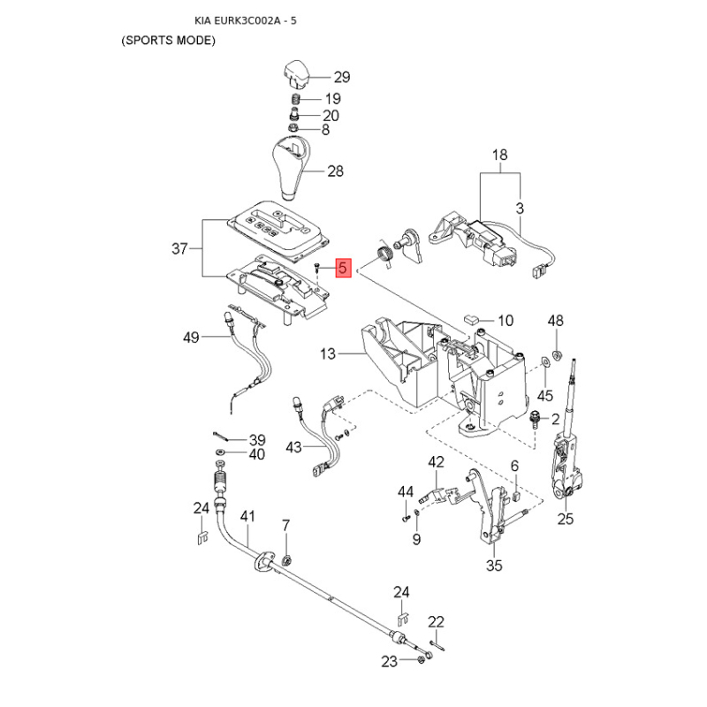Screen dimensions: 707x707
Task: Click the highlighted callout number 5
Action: tap(344, 269)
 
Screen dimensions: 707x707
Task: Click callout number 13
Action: tap(329, 354)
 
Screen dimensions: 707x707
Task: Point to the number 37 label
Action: tap(180, 249)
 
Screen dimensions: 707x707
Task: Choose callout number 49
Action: tap(192, 337)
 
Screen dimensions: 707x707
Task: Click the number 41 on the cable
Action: tap(247, 516)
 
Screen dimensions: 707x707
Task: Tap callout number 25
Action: tap(566, 520)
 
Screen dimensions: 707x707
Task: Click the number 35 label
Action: tap(494, 564)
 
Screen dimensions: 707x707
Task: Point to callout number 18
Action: tap(500, 156)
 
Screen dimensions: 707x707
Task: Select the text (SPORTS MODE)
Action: tap(169, 42)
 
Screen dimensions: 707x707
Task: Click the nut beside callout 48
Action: tap(555, 356)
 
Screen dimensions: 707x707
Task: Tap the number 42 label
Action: tap(437, 462)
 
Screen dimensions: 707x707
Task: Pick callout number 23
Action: tap(391, 661)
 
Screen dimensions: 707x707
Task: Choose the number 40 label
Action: tap(255, 455)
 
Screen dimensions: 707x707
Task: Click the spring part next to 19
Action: tap(295, 99)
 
